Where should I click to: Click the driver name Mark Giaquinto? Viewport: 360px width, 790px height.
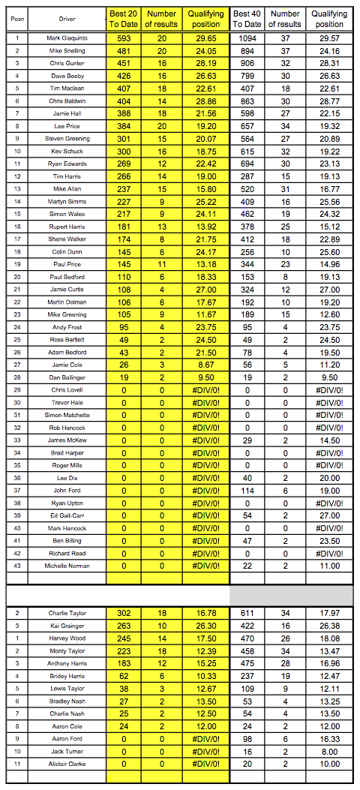coord(67,38)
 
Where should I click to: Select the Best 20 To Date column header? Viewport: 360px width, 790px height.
coord(124,19)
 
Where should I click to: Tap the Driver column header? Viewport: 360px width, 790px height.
coord(67,19)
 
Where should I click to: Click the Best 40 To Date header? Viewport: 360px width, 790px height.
coord(247,19)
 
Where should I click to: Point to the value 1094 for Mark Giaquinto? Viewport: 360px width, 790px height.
coord(247,38)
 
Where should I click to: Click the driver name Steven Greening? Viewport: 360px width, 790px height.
coord(67,139)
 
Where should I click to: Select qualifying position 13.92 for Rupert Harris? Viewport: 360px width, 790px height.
coord(205,227)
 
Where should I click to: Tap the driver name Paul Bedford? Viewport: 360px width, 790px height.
coord(67,277)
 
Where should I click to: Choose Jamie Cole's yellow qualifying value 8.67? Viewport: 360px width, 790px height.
coord(205,365)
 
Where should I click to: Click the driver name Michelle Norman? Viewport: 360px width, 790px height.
coord(67,566)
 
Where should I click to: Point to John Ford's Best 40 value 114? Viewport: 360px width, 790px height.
coord(247,490)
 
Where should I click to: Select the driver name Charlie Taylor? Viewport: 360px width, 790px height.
coord(67,613)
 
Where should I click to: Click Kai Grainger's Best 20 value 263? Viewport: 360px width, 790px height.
coord(124,625)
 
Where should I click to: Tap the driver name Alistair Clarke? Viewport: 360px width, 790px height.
coord(67,763)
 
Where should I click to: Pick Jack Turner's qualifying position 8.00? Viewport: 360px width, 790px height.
coord(328,751)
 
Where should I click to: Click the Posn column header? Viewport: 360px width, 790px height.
coord(16,19)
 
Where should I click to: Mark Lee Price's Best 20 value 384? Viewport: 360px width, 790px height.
coord(124,126)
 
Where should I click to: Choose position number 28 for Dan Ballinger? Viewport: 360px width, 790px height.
coord(16,377)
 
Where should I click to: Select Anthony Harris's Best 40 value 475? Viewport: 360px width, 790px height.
coord(247,663)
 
